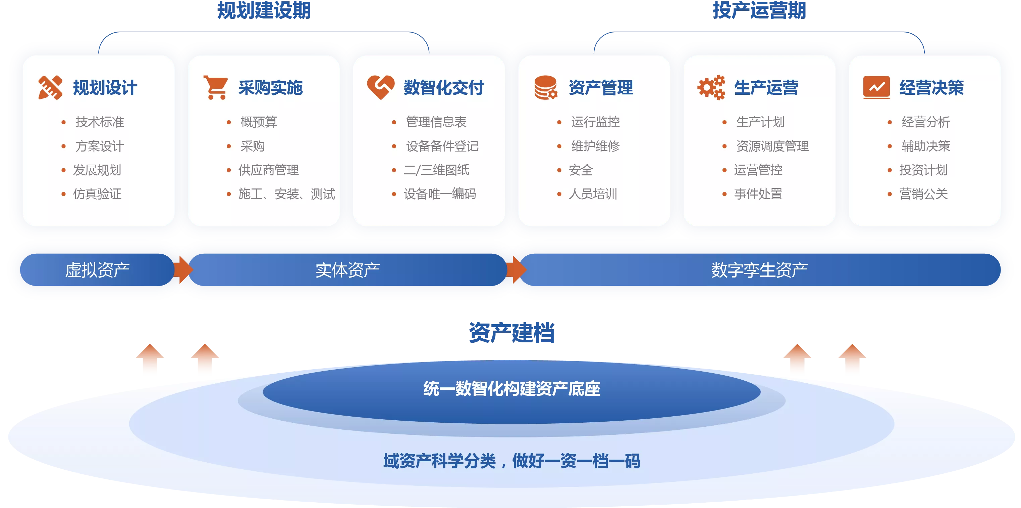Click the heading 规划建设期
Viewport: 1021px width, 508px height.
[264, 10]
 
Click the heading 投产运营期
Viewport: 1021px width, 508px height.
[759, 10]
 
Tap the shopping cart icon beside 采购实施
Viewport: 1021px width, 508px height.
[216, 87]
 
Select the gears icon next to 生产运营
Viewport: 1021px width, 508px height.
[711, 87]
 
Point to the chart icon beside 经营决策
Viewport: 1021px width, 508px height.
[876, 87]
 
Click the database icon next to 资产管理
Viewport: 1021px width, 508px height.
[546, 87]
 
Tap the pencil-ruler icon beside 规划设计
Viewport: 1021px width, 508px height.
[50, 87]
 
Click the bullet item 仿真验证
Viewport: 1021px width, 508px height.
[97, 194]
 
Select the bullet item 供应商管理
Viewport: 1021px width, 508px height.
[268, 170]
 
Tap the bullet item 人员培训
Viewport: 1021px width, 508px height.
[593, 194]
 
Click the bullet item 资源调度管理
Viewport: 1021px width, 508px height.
[772, 146]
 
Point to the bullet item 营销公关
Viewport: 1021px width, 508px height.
[923, 194]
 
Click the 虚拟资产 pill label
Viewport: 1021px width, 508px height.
[98, 270]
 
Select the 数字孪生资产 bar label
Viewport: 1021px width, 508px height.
[759, 270]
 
